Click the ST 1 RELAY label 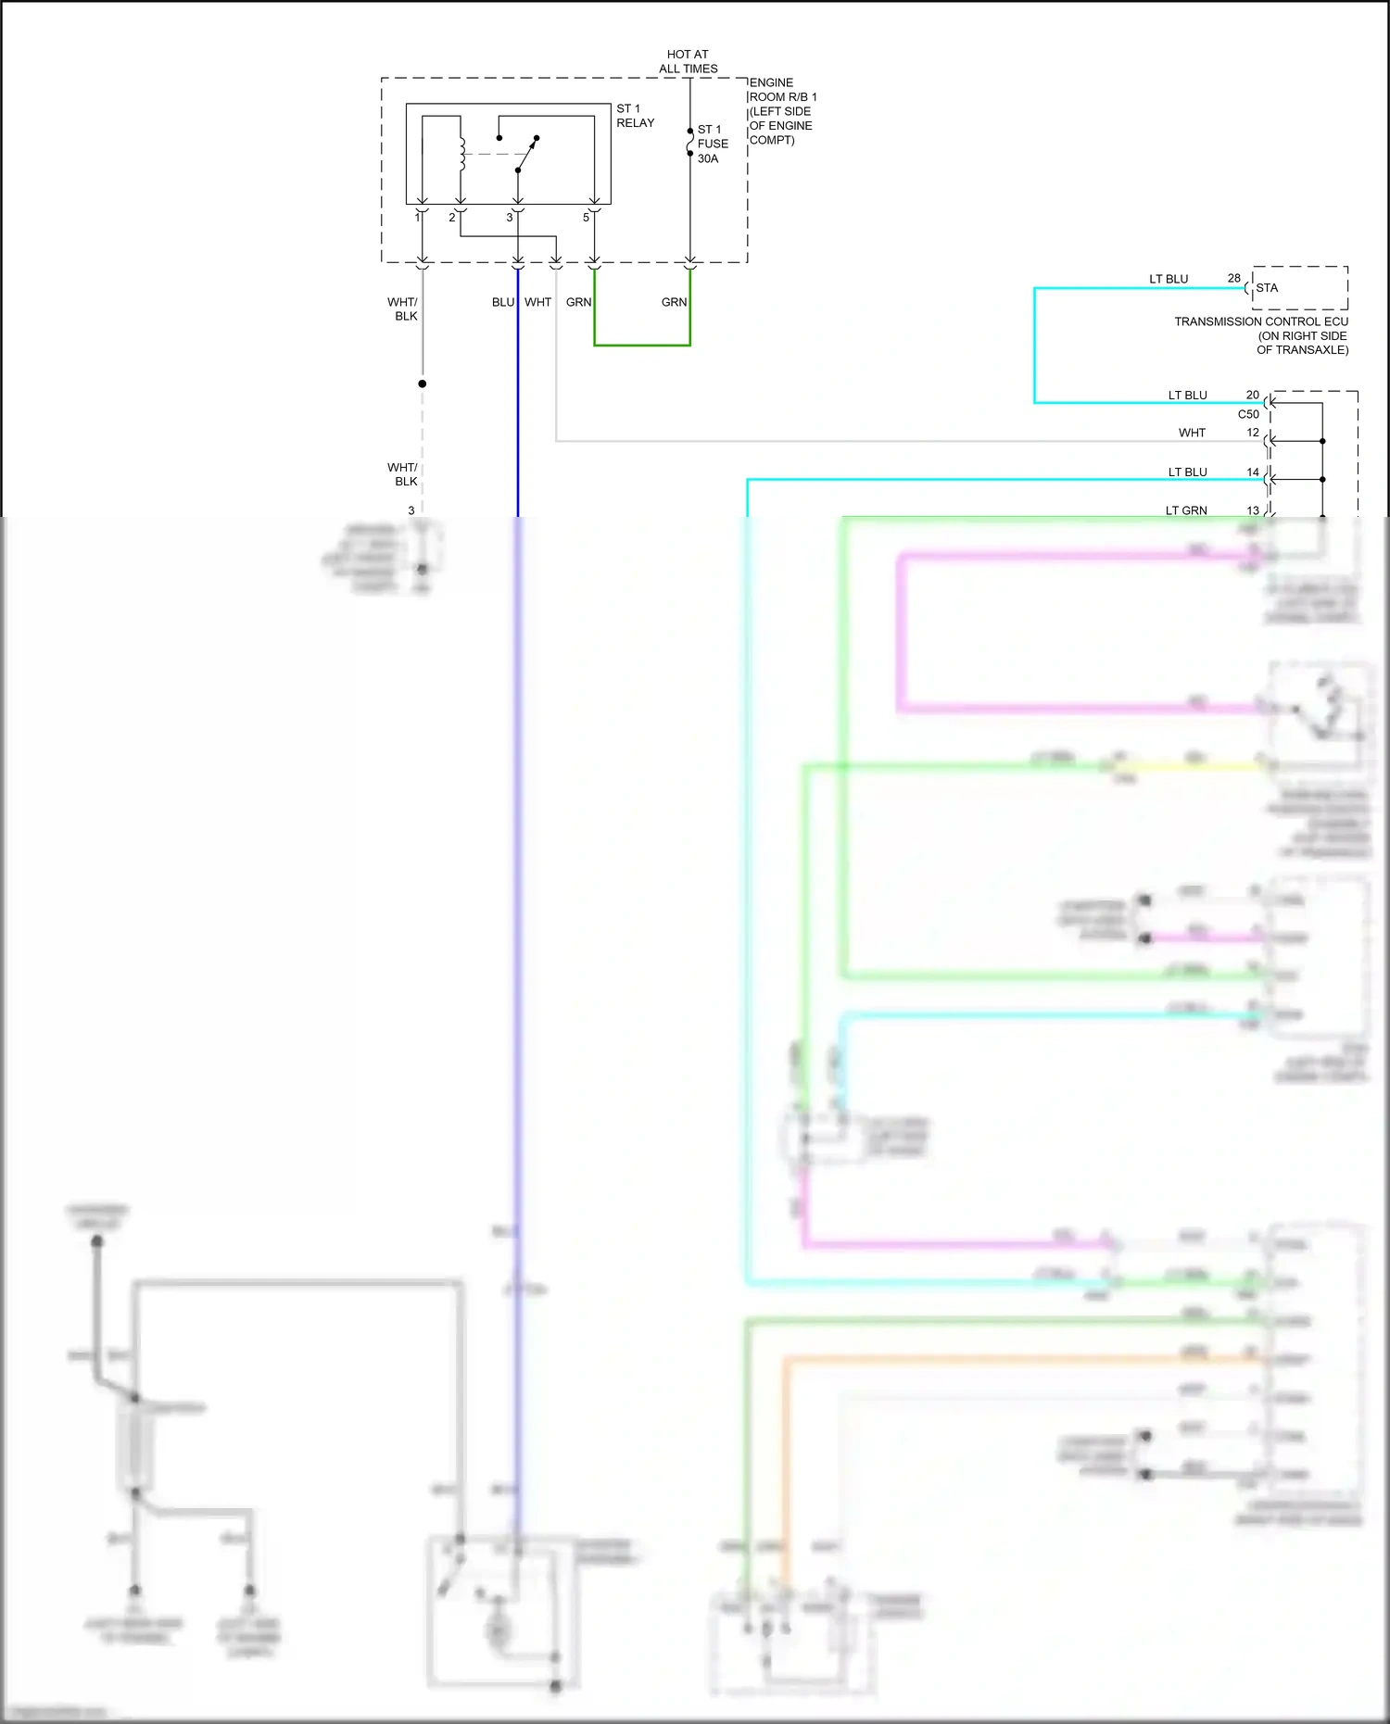pyautogui.click(x=635, y=116)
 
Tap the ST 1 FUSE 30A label pyautogui.click(x=712, y=144)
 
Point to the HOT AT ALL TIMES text pyautogui.click(x=688, y=61)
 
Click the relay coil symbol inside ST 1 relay pyautogui.click(x=461, y=155)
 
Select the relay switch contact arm pyautogui.click(x=526, y=155)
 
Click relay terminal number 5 pyautogui.click(x=586, y=218)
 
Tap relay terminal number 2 pyautogui.click(x=452, y=218)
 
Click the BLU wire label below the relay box pyautogui.click(x=502, y=302)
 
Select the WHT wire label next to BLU pyautogui.click(x=537, y=302)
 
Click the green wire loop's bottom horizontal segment pyautogui.click(x=642, y=345)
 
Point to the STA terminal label pyautogui.click(x=1267, y=288)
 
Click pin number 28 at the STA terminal pyautogui.click(x=1233, y=278)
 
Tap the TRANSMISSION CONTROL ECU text pyautogui.click(x=1261, y=321)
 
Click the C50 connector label pyautogui.click(x=1248, y=414)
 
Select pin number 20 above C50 pyautogui.click(x=1252, y=395)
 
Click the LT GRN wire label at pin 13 pyautogui.click(x=1186, y=510)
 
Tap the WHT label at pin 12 pyautogui.click(x=1192, y=433)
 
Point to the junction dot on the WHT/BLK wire pyautogui.click(x=423, y=384)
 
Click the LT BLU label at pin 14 pyautogui.click(x=1187, y=472)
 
